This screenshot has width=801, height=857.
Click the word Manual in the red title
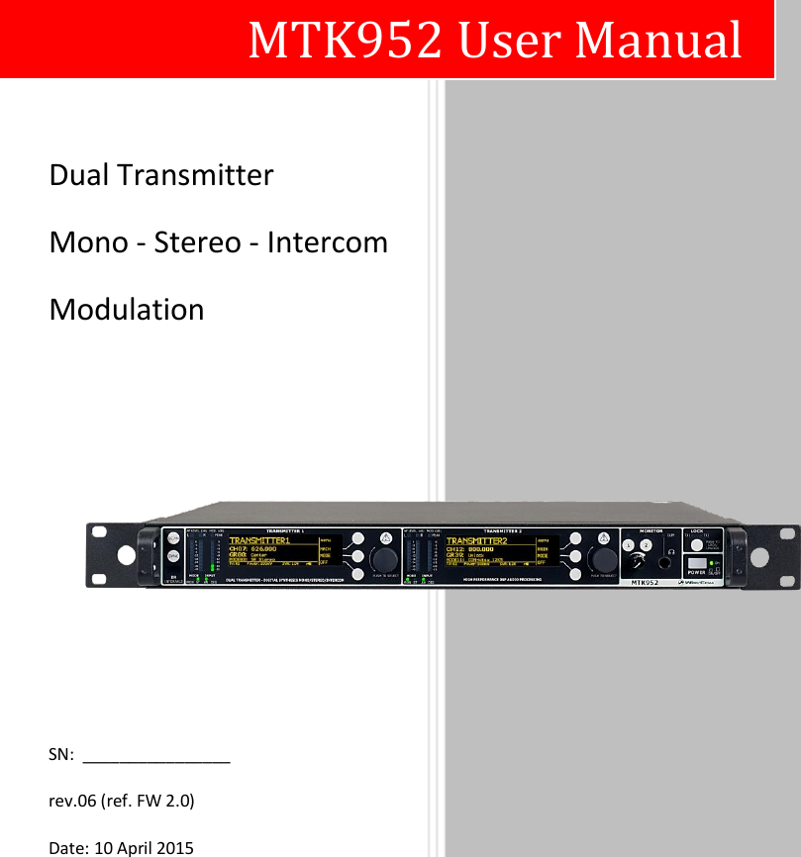pyautogui.click(x=658, y=41)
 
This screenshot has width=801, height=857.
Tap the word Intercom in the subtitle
pyautogui.click(x=330, y=242)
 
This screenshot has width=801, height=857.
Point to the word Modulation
pyautogui.click(x=127, y=310)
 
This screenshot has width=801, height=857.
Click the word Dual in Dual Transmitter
pyautogui.click(x=80, y=176)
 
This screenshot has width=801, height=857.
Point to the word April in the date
pyautogui.click(x=138, y=848)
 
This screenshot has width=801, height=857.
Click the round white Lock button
pyautogui.click(x=696, y=544)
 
